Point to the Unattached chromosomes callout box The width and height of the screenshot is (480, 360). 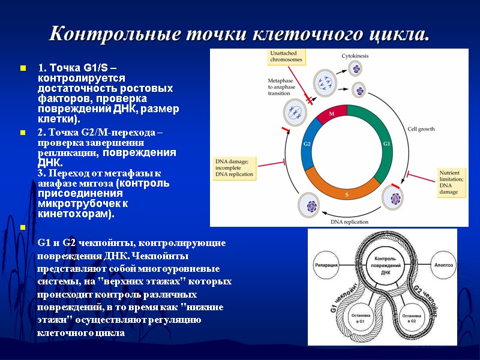tap(286, 58)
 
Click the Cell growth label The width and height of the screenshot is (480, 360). tap(422, 128)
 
